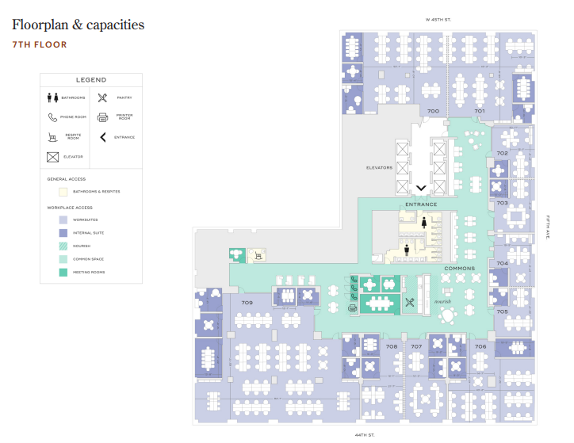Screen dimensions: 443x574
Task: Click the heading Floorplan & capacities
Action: pos(78,25)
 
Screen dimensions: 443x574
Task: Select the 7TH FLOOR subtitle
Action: pos(40,45)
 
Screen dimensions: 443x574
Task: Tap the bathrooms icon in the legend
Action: pos(53,97)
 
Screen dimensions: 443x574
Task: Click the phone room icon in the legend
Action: pos(53,117)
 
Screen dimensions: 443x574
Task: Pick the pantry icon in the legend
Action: pos(102,97)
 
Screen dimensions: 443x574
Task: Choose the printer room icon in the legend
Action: pos(102,117)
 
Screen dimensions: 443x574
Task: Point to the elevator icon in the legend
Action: pos(53,157)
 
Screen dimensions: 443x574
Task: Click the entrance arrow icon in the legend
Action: pos(102,137)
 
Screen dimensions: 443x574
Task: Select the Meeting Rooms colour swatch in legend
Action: pos(63,273)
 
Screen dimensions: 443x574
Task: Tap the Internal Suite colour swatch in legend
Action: pos(63,233)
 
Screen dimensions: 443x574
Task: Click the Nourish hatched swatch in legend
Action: pos(63,246)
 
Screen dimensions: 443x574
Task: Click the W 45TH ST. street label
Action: pos(438,19)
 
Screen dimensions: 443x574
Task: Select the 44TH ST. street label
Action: pos(365,434)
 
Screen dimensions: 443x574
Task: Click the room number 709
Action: pos(247,303)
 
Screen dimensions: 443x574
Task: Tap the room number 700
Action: pos(433,111)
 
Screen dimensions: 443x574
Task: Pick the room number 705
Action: pos(502,311)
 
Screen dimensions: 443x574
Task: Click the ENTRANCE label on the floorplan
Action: pos(421,204)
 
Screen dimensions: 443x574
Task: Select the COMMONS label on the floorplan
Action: pos(459,269)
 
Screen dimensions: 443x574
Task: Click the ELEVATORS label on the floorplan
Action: pos(379,168)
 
